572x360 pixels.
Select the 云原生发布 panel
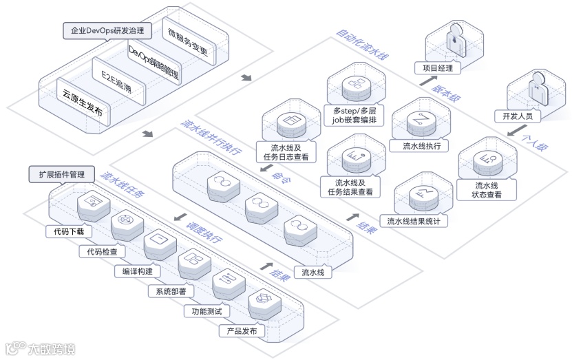coord(82,103)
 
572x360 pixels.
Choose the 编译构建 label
coord(137,271)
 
